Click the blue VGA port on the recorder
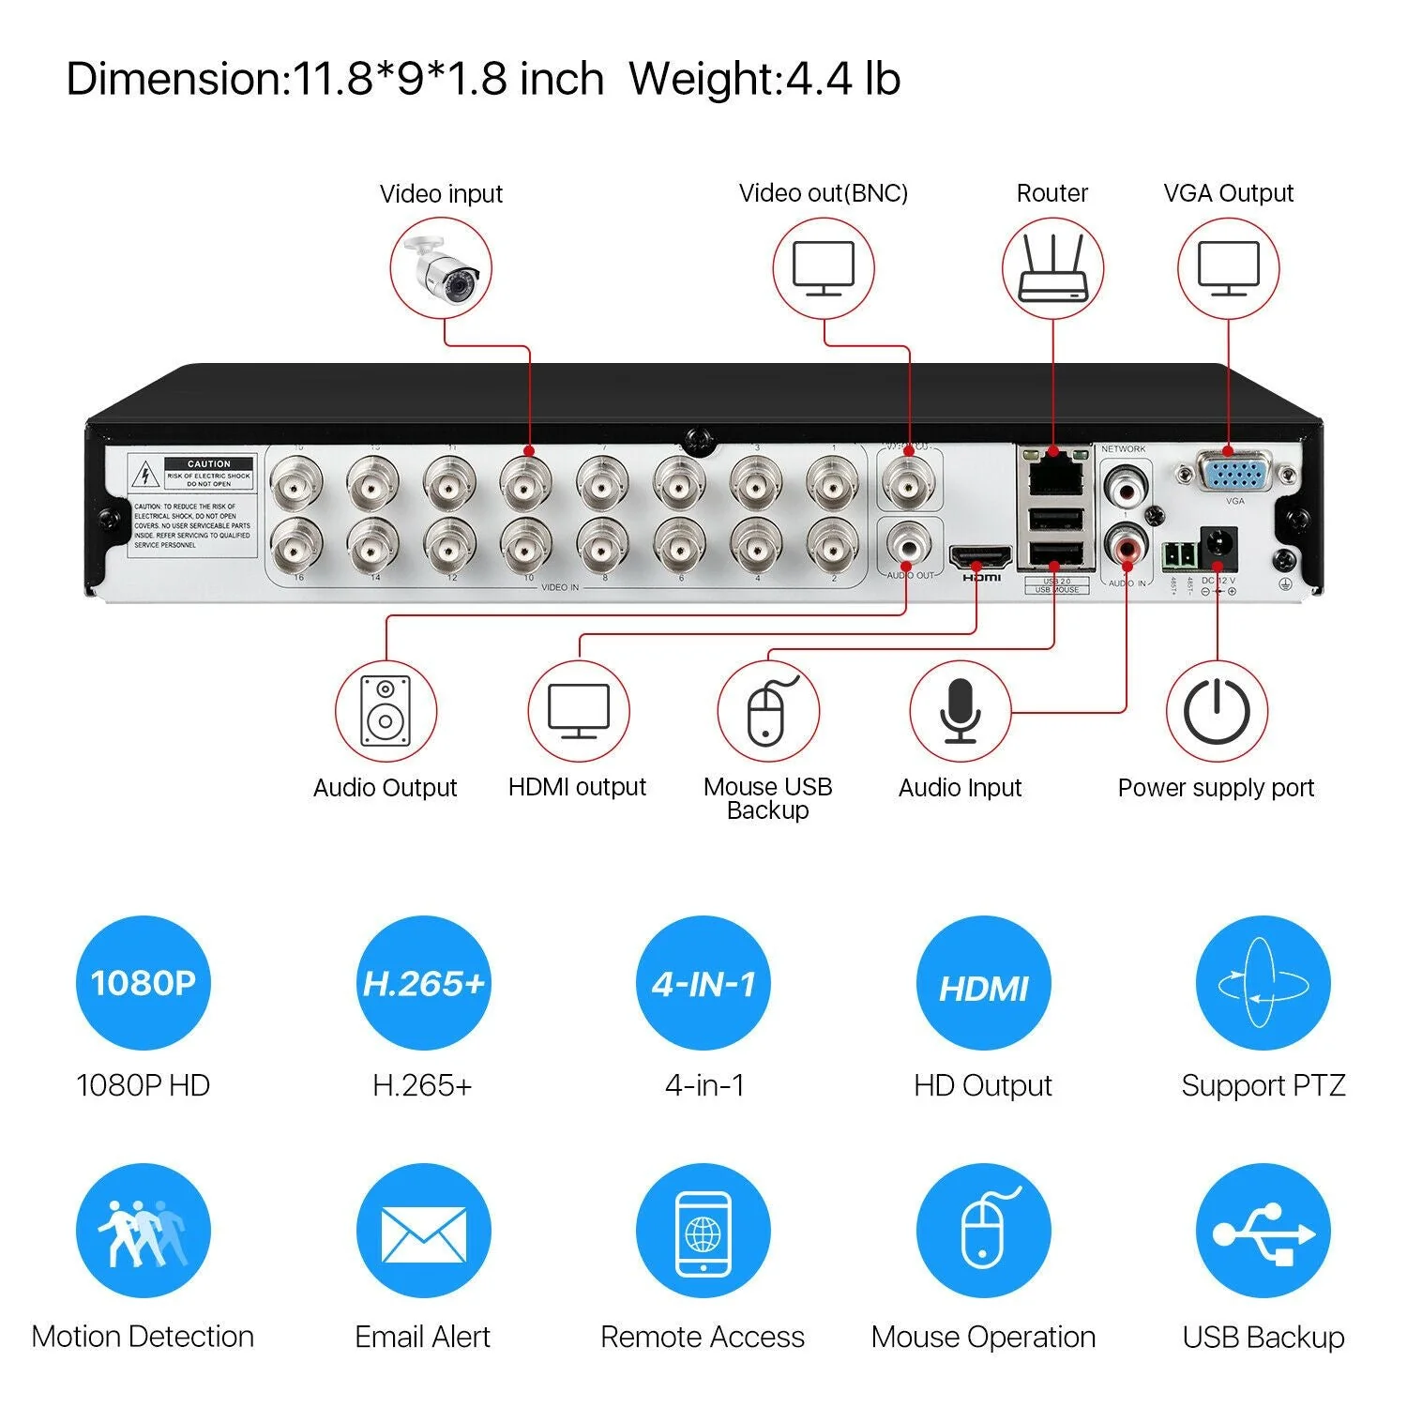point(1234,472)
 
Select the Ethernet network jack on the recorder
point(1055,476)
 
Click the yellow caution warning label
point(193,506)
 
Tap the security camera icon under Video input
point(442,269)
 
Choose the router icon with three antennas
point(1052,269)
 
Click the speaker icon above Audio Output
point(386,711)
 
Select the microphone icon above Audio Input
point(961,711)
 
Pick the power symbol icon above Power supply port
point(1217,711)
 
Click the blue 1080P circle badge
point(144,983)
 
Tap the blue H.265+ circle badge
point(423,983)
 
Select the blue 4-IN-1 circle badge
point(703,983)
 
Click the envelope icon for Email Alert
point(423,1231)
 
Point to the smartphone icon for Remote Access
point(703,1232)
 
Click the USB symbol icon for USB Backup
point(1263,1231)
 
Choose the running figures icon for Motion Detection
point(144,1231)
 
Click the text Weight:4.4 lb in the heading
point(764,79)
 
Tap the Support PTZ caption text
point(1263,1085)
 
